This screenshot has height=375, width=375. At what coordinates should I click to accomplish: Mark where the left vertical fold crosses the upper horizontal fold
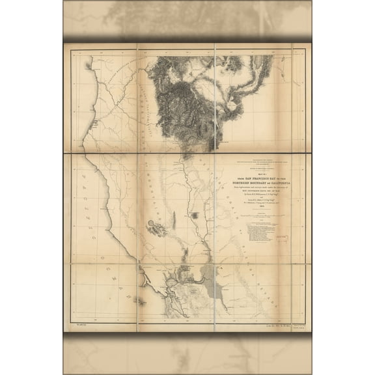coord(136,154)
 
